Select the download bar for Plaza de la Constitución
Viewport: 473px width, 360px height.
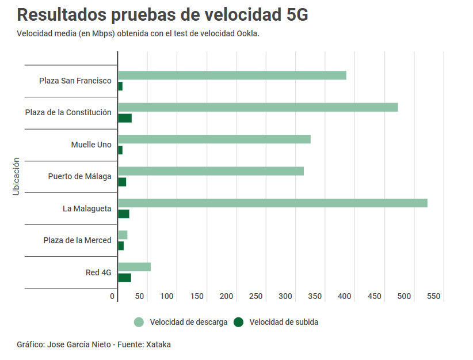[x=258, y=107]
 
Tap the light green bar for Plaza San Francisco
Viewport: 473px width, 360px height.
[x=232, y=75]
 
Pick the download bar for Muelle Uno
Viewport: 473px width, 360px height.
[x=214, y=139]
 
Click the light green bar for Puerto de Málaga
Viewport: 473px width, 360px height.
[x=211, y=171]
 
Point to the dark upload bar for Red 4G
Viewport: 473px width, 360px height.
[x=124, y=278]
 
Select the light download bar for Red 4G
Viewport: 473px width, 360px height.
[x=134, y=267]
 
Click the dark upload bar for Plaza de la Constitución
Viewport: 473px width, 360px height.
[x=125, y=118]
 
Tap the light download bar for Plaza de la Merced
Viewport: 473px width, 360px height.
[x=123, y=235]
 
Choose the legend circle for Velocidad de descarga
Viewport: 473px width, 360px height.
[x=139, y=322]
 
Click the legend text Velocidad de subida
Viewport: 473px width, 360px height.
[x=284, y=322]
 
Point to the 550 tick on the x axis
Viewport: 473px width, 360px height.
[x=434, y=296]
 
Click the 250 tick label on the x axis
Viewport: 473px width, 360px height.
[x=256, y=296]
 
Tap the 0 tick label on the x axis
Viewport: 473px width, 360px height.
[x=113, y=296]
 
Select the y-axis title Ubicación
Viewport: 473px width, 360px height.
[x=16, y=176]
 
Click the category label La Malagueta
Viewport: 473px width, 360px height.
[x=87, y=208]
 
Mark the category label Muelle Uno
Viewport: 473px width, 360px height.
[x=91, y=145]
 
